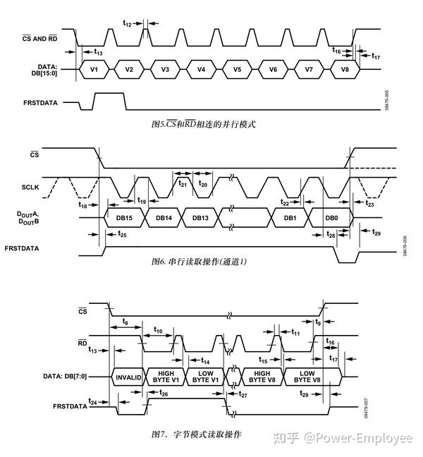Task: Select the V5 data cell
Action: click(238, 70)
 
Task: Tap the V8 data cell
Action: click(345, 70)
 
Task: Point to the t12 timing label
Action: click(128, 23)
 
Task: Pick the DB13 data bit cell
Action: click(200, 218)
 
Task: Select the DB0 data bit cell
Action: click(331, 218)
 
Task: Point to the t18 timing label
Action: click(83, 205)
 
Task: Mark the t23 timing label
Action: click(370, 204)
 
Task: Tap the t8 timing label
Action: click(125, 321)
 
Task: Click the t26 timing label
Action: click(164, 392)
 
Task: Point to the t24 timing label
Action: click(92, 401)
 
